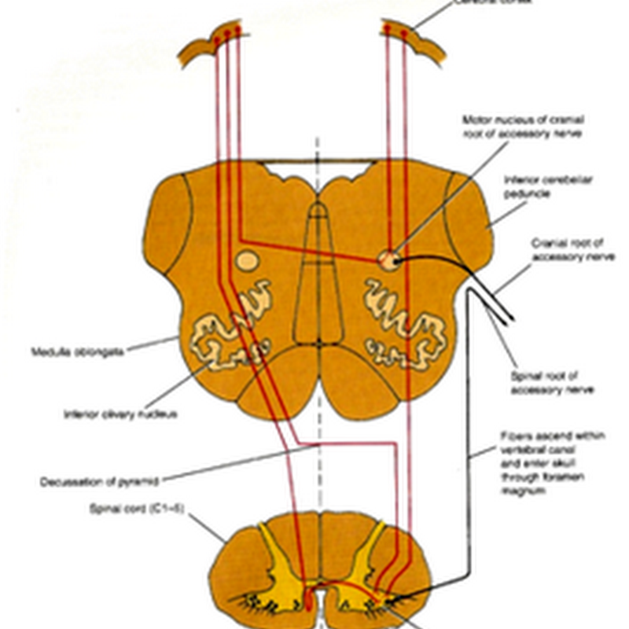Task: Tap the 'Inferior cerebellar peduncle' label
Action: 548,186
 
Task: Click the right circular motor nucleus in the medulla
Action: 388,259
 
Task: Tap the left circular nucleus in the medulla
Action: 246,259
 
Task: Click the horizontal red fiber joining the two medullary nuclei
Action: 314,251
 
